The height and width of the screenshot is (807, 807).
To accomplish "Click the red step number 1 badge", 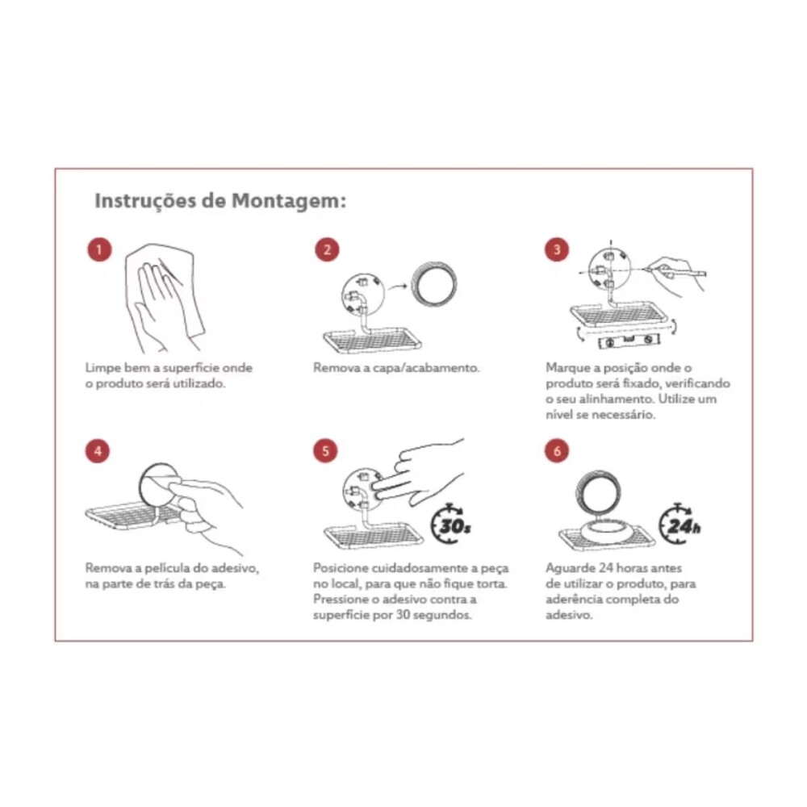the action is point(99,249).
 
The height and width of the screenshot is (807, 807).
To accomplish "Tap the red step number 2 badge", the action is point(328,249).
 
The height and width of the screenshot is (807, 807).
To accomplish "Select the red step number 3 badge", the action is point(556,249).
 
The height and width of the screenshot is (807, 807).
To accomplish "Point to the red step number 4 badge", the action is point(98,451).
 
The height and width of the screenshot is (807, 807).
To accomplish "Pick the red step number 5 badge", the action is point(325,451).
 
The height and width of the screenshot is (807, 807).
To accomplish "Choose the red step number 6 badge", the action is point(556,451).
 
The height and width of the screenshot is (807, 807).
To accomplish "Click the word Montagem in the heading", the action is point(289,201).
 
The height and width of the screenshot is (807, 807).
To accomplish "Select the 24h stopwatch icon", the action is point(679,523).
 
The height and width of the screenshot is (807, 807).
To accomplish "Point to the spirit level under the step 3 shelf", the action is point(628,341).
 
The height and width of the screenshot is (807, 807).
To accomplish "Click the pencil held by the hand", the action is point(674,270).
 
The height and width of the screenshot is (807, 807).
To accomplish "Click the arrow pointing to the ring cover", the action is point(397,286).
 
